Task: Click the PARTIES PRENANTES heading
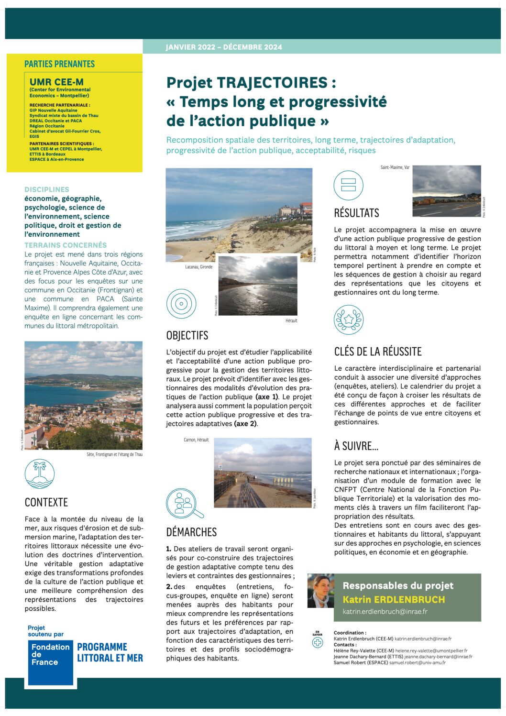[x=60, y=64]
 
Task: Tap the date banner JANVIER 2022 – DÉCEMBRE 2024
[x=224, y=47]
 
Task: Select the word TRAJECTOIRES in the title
[x=272, y=82]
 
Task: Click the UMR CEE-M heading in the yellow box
[x=56, y=82]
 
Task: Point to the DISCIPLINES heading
[x=47, y=189]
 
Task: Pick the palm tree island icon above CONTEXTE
[x=40, y=474]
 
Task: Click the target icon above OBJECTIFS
[x=181, y=304]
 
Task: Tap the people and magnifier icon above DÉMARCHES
[x=183, y=503]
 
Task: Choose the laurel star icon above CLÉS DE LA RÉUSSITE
[x=349, y=319]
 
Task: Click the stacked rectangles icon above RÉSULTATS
[x=349, y=185]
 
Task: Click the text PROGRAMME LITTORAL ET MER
[x=110, y=652]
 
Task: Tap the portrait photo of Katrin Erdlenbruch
[x=320, y=591]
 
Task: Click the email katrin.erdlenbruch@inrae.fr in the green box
[x=385, y=611]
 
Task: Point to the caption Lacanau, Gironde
[x=199, y=267]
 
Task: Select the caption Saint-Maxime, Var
[x=395, y=167]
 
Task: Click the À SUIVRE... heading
[x=356, y=446]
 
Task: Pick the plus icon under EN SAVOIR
[x=318, y=643]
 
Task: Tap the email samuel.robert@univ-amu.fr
[x=418, y=662]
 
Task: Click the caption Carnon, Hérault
[x=196, y=440]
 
